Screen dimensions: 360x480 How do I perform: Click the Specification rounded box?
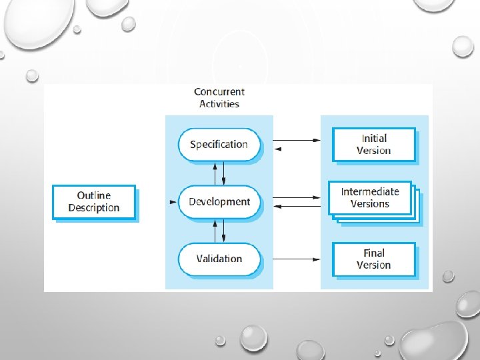click(x=219, y=145)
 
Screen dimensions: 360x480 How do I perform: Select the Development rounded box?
click(x=219, y=202)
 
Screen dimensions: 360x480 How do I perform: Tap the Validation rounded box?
click(x=219, y=259)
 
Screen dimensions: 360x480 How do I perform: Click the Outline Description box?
click(x=93, y=202)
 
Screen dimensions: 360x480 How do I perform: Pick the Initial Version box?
click(x=373, y=145)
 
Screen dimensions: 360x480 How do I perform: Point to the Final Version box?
click(x=373, y=259)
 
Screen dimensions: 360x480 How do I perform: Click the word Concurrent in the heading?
click(x=219, y=92)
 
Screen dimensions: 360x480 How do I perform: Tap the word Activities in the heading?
click(x=219, y=103)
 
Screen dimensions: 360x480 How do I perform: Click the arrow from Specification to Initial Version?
click(x=298, y=140)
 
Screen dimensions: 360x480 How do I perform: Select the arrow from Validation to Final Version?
click(x=298, y=259)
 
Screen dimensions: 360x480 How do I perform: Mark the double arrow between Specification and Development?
click(x=219, y=173)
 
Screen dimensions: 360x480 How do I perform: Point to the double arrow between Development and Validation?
click(x=219, y=231)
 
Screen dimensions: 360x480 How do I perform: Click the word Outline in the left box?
click(x=94, y=195)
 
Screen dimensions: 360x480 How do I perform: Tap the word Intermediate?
click(x=370, y=192)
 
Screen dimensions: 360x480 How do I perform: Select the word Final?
click(x=374, y=253)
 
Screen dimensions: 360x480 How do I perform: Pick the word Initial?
click(x=374, y=139)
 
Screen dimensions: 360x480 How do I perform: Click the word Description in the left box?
click(x=94, y=208)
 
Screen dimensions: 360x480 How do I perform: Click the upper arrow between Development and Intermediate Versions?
click(x=298, y=197)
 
